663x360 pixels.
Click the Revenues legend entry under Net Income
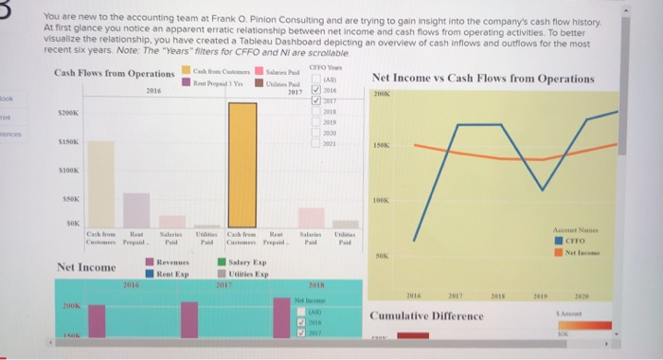click(166, 260)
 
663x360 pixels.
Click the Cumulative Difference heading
click(427, 315)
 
